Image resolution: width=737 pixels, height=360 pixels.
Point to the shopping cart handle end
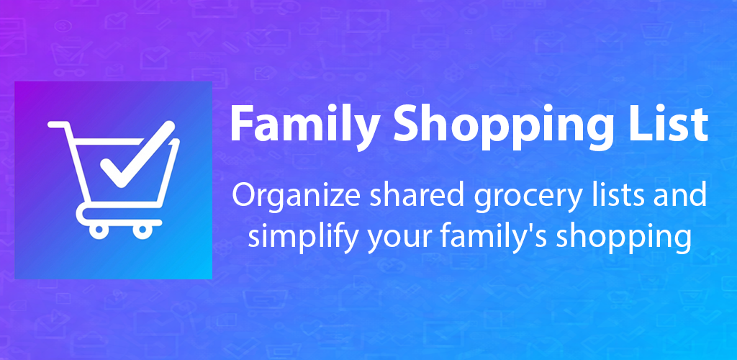coord(52,125)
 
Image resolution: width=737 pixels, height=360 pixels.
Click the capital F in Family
coord(241,125)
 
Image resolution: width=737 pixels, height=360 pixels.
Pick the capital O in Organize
coord(241,195)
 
